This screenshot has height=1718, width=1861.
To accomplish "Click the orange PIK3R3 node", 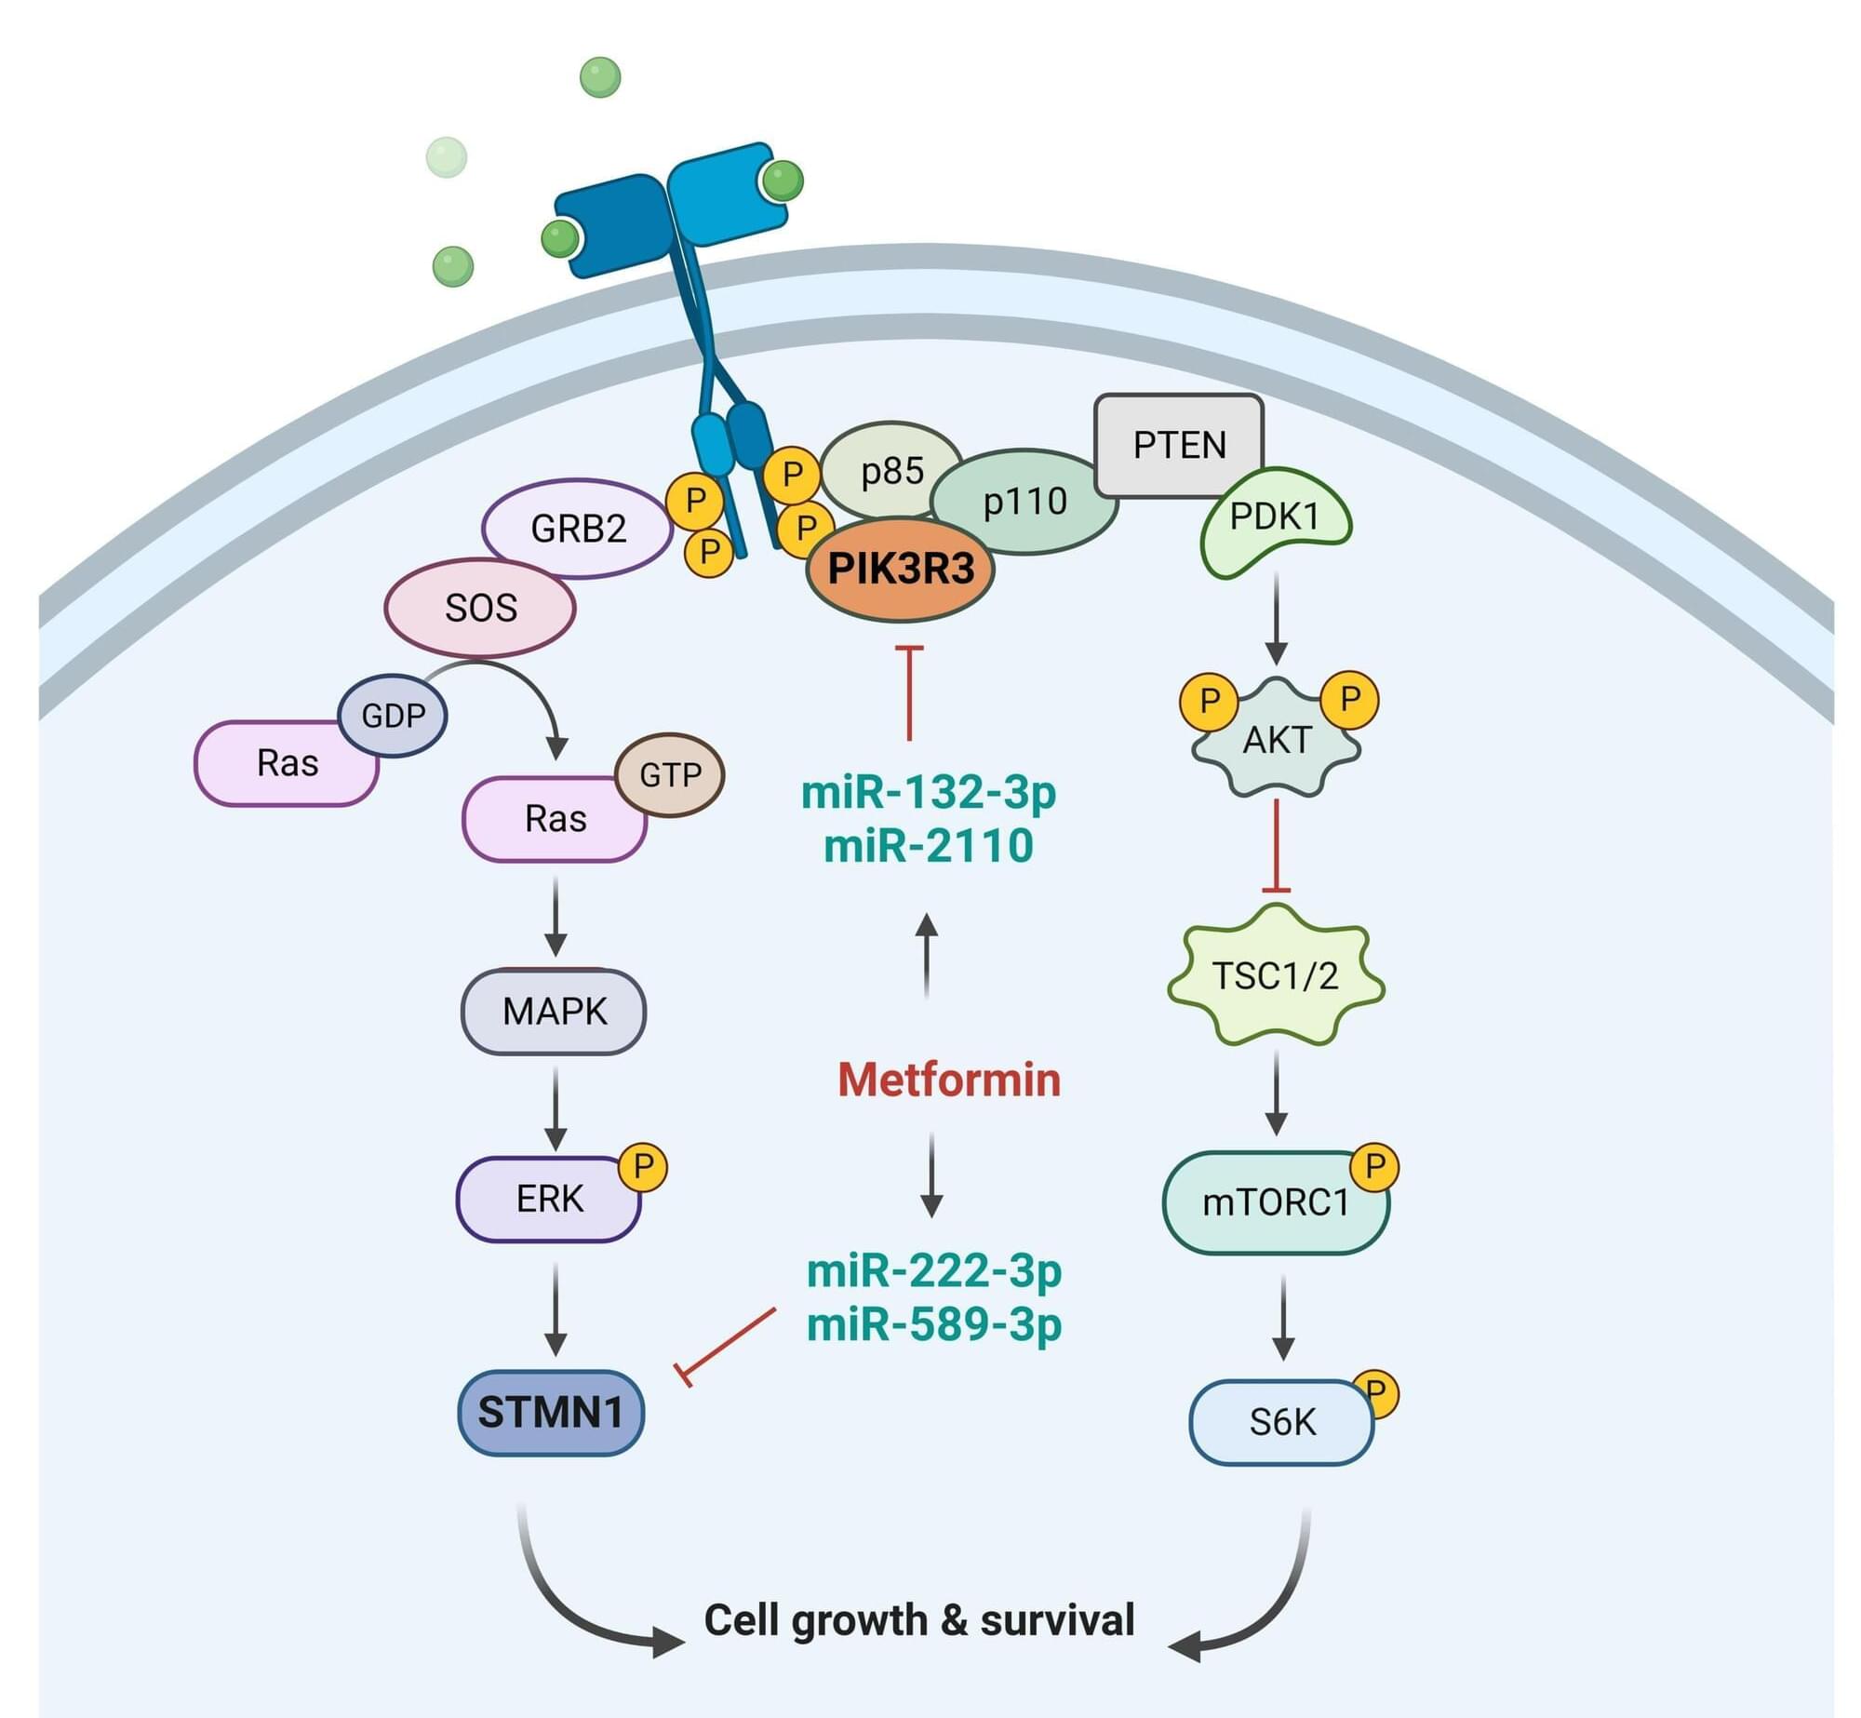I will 900,569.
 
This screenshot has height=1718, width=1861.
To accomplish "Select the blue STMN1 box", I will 551,1412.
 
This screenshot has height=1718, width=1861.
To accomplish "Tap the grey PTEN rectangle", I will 1179,444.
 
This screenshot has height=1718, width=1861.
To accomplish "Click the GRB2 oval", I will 578,529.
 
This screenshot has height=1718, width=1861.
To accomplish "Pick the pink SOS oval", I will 480,608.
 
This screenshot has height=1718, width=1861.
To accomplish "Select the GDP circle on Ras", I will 393,716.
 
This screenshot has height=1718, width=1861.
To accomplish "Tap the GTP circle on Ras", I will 670,774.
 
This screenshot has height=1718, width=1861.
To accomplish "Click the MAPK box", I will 554,1012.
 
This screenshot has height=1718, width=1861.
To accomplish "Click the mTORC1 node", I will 1276,1202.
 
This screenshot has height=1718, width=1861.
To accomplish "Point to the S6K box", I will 1282,1422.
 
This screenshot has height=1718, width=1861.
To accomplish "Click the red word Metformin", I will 949,1080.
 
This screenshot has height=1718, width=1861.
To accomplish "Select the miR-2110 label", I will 929,846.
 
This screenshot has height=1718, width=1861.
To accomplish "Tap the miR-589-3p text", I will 934,1323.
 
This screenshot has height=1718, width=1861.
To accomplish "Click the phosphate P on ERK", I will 644,1166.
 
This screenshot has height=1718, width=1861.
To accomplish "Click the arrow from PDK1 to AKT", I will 1276,619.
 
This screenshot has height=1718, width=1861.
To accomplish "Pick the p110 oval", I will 1025,502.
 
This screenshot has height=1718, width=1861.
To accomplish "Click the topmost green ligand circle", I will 600,77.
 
